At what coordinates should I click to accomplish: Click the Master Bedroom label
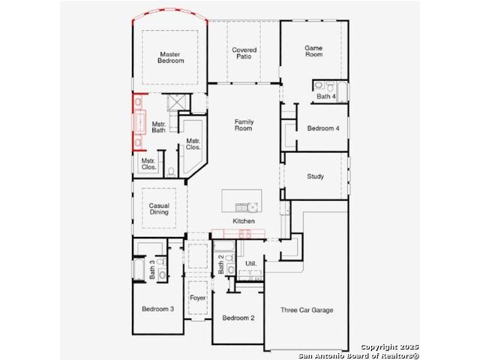(x=170, y=58)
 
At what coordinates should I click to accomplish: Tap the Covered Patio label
(x=244, y=53)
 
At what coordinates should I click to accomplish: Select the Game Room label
(x=313, y=51)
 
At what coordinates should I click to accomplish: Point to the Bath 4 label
(x=326, y=97)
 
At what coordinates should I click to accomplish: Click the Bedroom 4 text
(x=323, y=128)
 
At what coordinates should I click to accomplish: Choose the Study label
(x=315, y=177)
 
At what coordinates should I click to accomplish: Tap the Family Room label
(x=244, y=125)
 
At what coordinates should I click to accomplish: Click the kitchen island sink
(x=247, y=207)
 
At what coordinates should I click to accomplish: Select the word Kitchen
(x=244, y=221)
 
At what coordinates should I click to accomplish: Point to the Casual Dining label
(x=159, y=208)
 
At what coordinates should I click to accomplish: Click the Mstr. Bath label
(x=158, y=127)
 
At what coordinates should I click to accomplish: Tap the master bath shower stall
(x=178, y=102)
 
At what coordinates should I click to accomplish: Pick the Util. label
(x=251, y=263)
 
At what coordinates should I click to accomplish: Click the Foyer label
(x=197, y=298)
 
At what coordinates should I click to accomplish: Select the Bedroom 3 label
(x=158, y=309)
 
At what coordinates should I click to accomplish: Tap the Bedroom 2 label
(x=238, y=318)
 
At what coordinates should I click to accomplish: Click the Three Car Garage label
(x=307, y=310)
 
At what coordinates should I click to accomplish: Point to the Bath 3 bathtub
(x=139, y=269)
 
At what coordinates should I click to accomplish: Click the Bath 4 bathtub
(x=343, y=91)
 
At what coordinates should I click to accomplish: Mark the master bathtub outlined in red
(x=140, y=122)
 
